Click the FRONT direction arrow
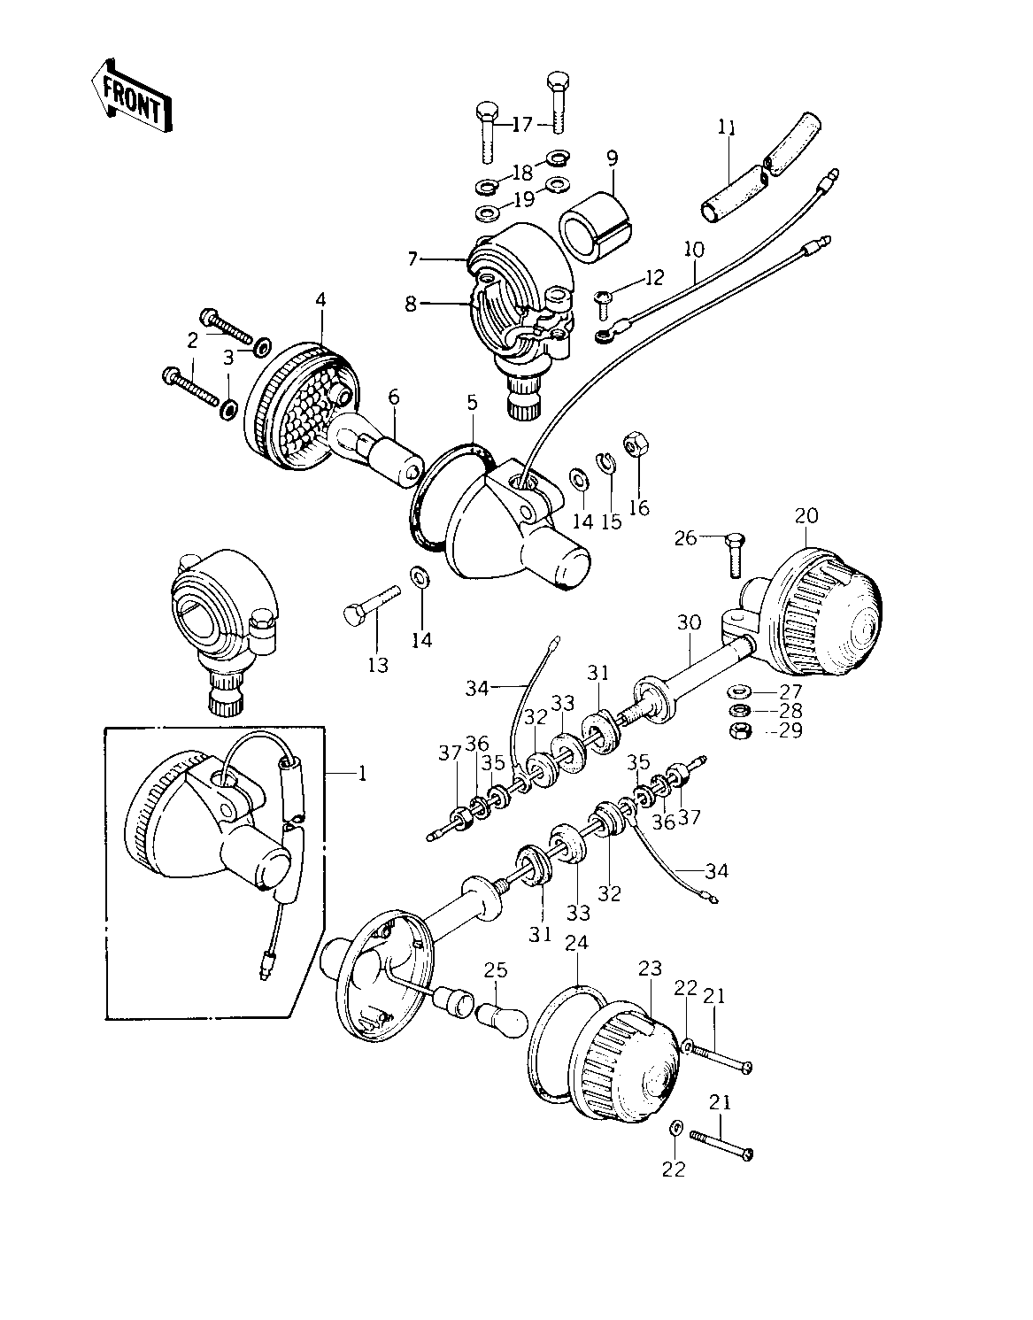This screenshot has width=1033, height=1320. [130, 97]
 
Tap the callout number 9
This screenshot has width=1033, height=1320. [612, 159]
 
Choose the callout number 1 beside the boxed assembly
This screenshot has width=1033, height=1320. [361, 773]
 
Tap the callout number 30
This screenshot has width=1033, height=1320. [689, 623]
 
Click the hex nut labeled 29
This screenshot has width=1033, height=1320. [738, 730]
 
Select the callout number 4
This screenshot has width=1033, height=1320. [320, 301]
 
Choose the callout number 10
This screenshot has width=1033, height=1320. [693, 249]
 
